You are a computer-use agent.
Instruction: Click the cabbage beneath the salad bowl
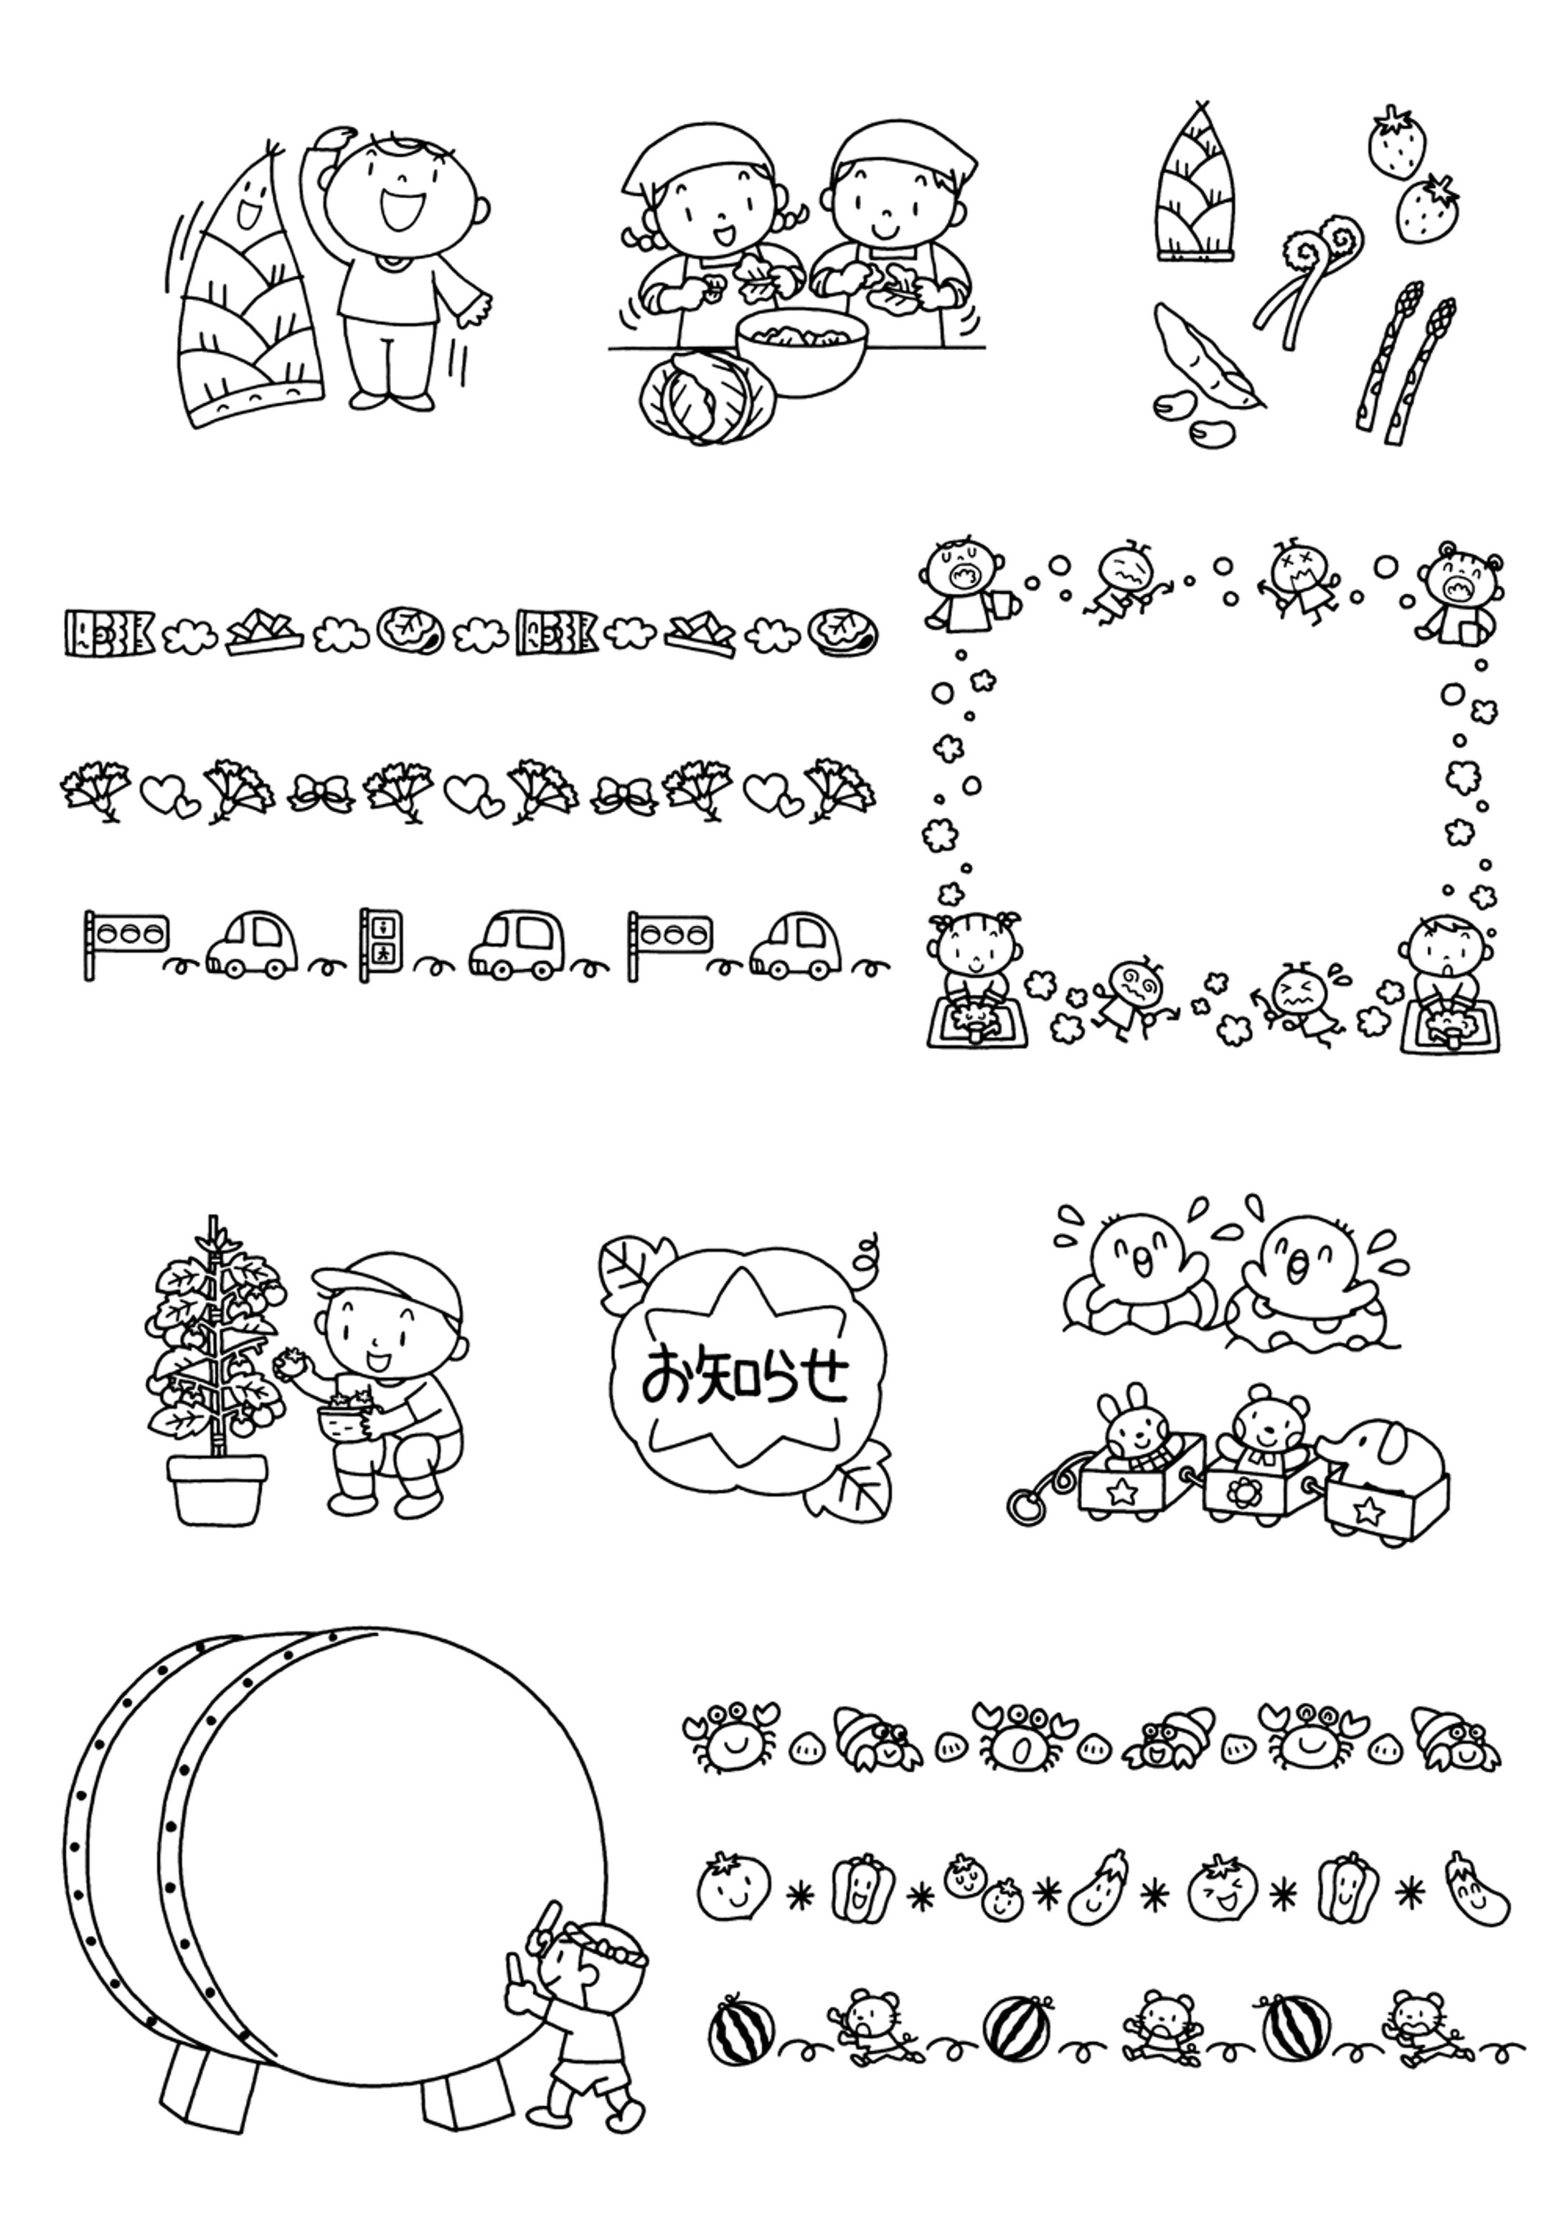[x=706, y=397]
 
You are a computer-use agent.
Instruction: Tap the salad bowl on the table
[x=802, y=352]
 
